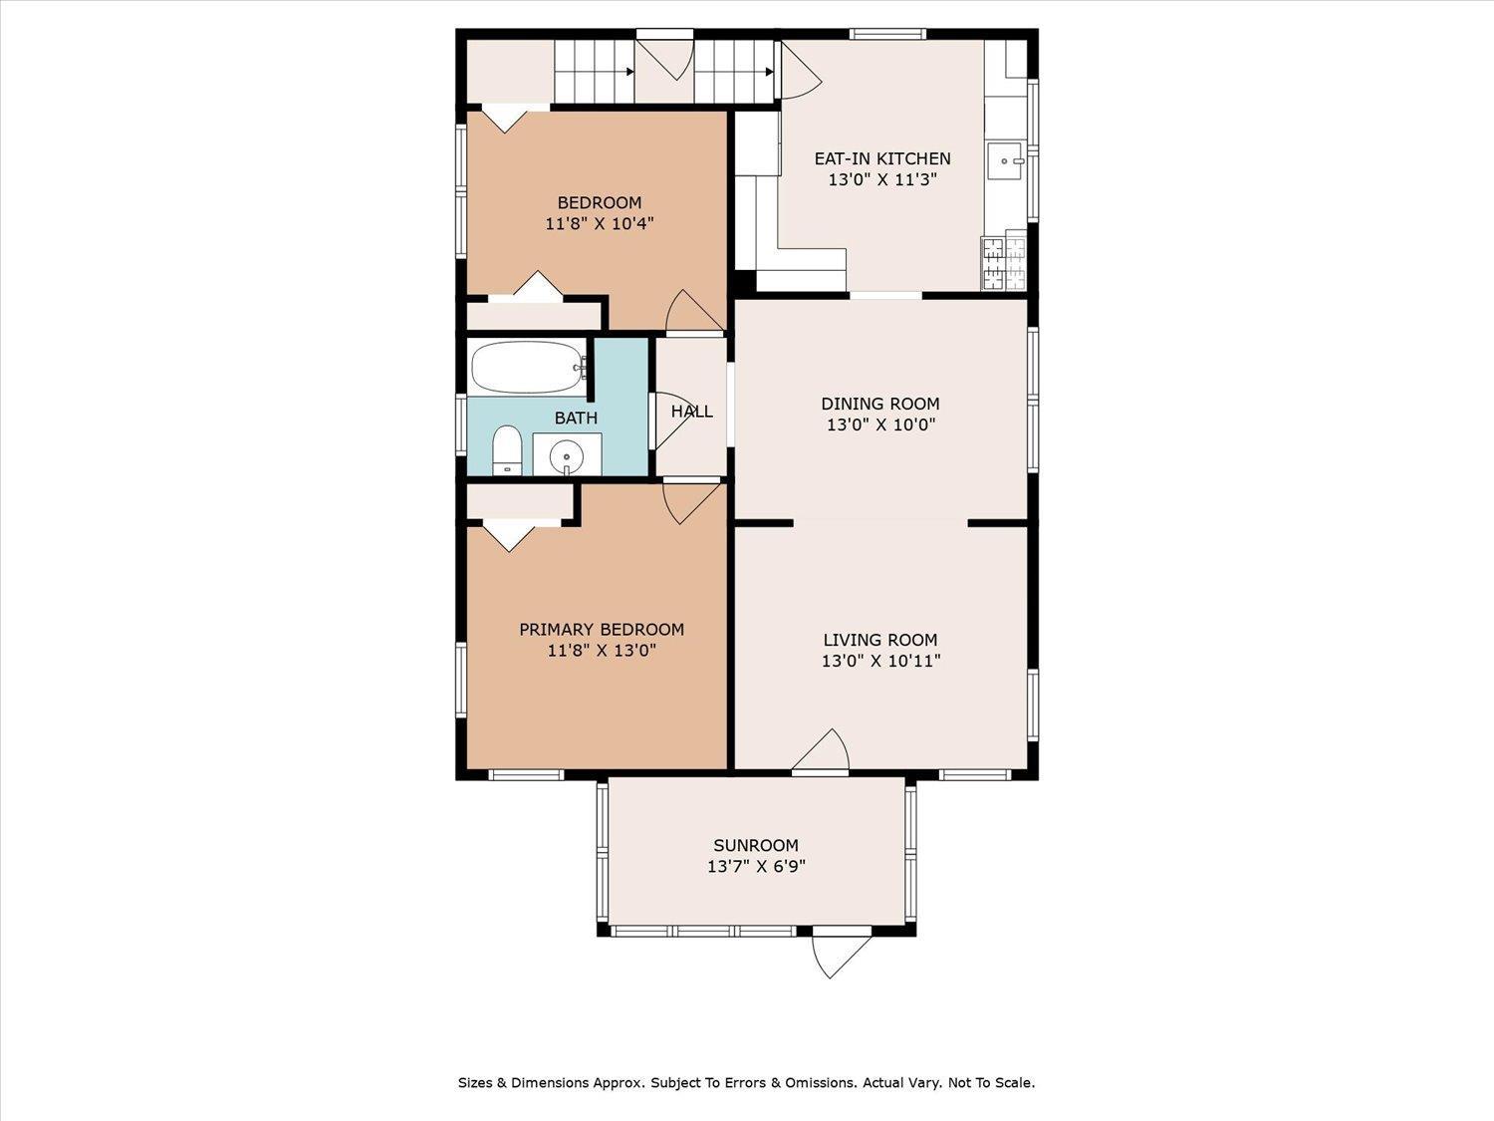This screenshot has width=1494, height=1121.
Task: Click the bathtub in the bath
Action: (528, 368)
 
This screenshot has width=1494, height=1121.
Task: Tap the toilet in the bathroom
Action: (506, 450)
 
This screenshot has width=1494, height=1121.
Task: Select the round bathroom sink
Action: (567, 455)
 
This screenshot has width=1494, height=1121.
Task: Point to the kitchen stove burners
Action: (1004, 263)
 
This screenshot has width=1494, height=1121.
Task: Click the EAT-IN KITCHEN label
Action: (882, 158)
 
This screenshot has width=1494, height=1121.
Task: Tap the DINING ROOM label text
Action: (880, 404)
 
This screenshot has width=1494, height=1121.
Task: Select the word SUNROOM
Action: (756, 845)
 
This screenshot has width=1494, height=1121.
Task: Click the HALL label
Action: (691, 412)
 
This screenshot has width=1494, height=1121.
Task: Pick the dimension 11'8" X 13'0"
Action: (602, 651)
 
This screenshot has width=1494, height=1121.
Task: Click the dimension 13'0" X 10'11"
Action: (880, 661)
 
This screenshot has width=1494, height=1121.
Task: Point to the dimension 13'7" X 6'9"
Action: (756, 867)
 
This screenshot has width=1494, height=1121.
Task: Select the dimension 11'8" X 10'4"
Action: (599, 223)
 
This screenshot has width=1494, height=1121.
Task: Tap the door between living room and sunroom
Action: (821, 752)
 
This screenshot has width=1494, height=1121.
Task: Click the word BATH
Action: (576, 418)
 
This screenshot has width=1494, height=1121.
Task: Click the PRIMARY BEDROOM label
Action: (602, 630)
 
